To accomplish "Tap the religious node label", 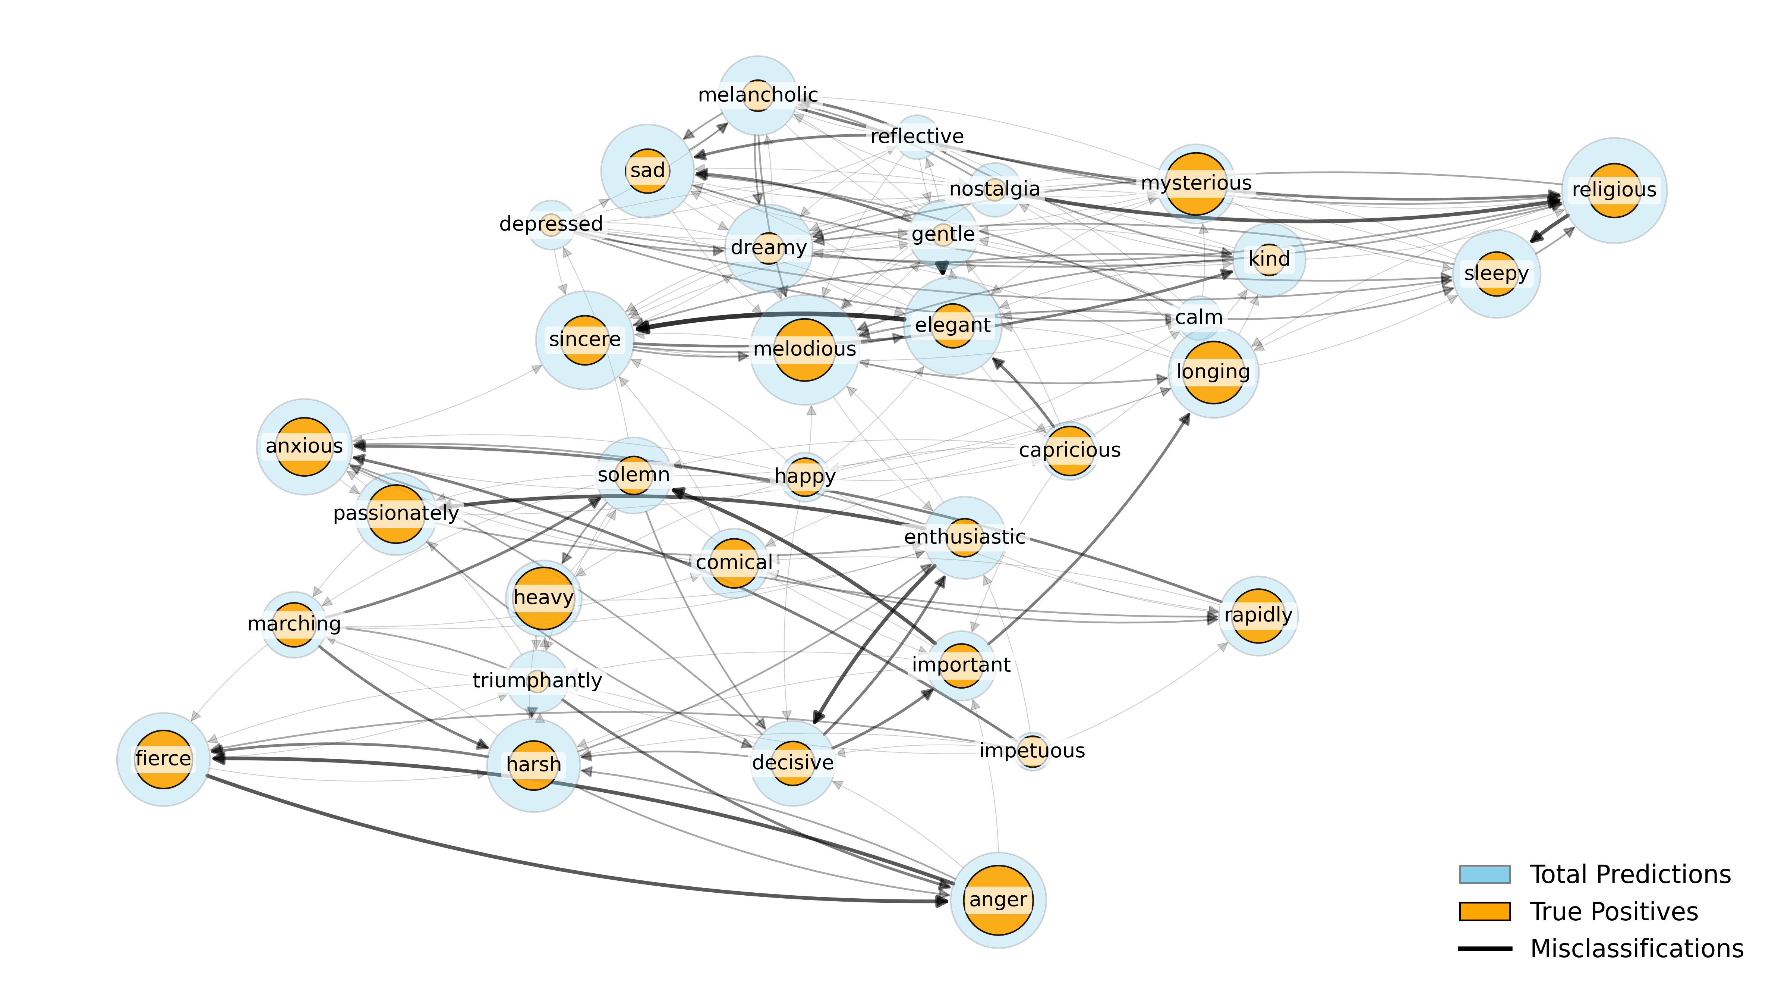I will point(1614,190).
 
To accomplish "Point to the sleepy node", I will point(1496,273).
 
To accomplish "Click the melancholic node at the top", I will point(758,95).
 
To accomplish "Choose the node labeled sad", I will point(647,170).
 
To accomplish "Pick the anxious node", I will point(305,446).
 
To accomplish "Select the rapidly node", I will point(1258,615).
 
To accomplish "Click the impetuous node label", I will point(1032,751).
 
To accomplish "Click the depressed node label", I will point(551,224).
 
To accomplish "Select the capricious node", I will point(1069,450).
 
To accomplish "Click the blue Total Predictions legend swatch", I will point(1484,874).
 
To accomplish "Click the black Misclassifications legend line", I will point(1484,949).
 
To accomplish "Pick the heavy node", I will point(543,598).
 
